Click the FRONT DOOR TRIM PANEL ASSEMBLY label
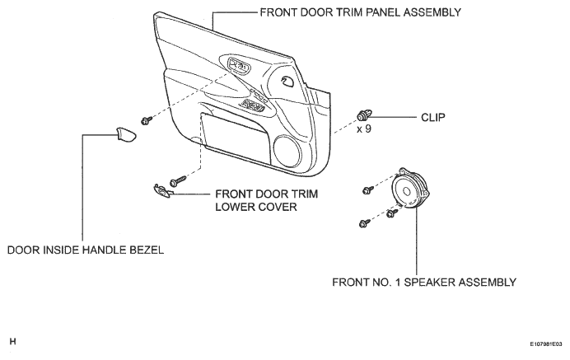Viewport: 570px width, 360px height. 360,12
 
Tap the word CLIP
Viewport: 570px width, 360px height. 433,118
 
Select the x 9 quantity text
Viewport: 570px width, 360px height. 364,129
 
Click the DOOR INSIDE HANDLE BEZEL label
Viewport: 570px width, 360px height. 86,250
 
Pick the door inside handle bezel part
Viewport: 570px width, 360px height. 126,134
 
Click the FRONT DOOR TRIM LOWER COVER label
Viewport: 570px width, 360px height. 266,200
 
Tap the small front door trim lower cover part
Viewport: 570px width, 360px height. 161,191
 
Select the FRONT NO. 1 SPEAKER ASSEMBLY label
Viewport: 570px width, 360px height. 424,283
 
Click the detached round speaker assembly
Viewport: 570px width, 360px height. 409,189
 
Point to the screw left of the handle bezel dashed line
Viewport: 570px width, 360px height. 147,120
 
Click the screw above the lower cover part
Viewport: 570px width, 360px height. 178,181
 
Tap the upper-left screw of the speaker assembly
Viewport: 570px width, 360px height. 368,189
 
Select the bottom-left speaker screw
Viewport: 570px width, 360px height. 364,223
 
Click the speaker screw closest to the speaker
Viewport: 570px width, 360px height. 392,213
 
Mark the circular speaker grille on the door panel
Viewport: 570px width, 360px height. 287,151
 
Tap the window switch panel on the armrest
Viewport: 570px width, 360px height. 252,105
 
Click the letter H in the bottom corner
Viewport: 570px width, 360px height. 12,341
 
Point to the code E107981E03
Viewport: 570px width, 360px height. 545,344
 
